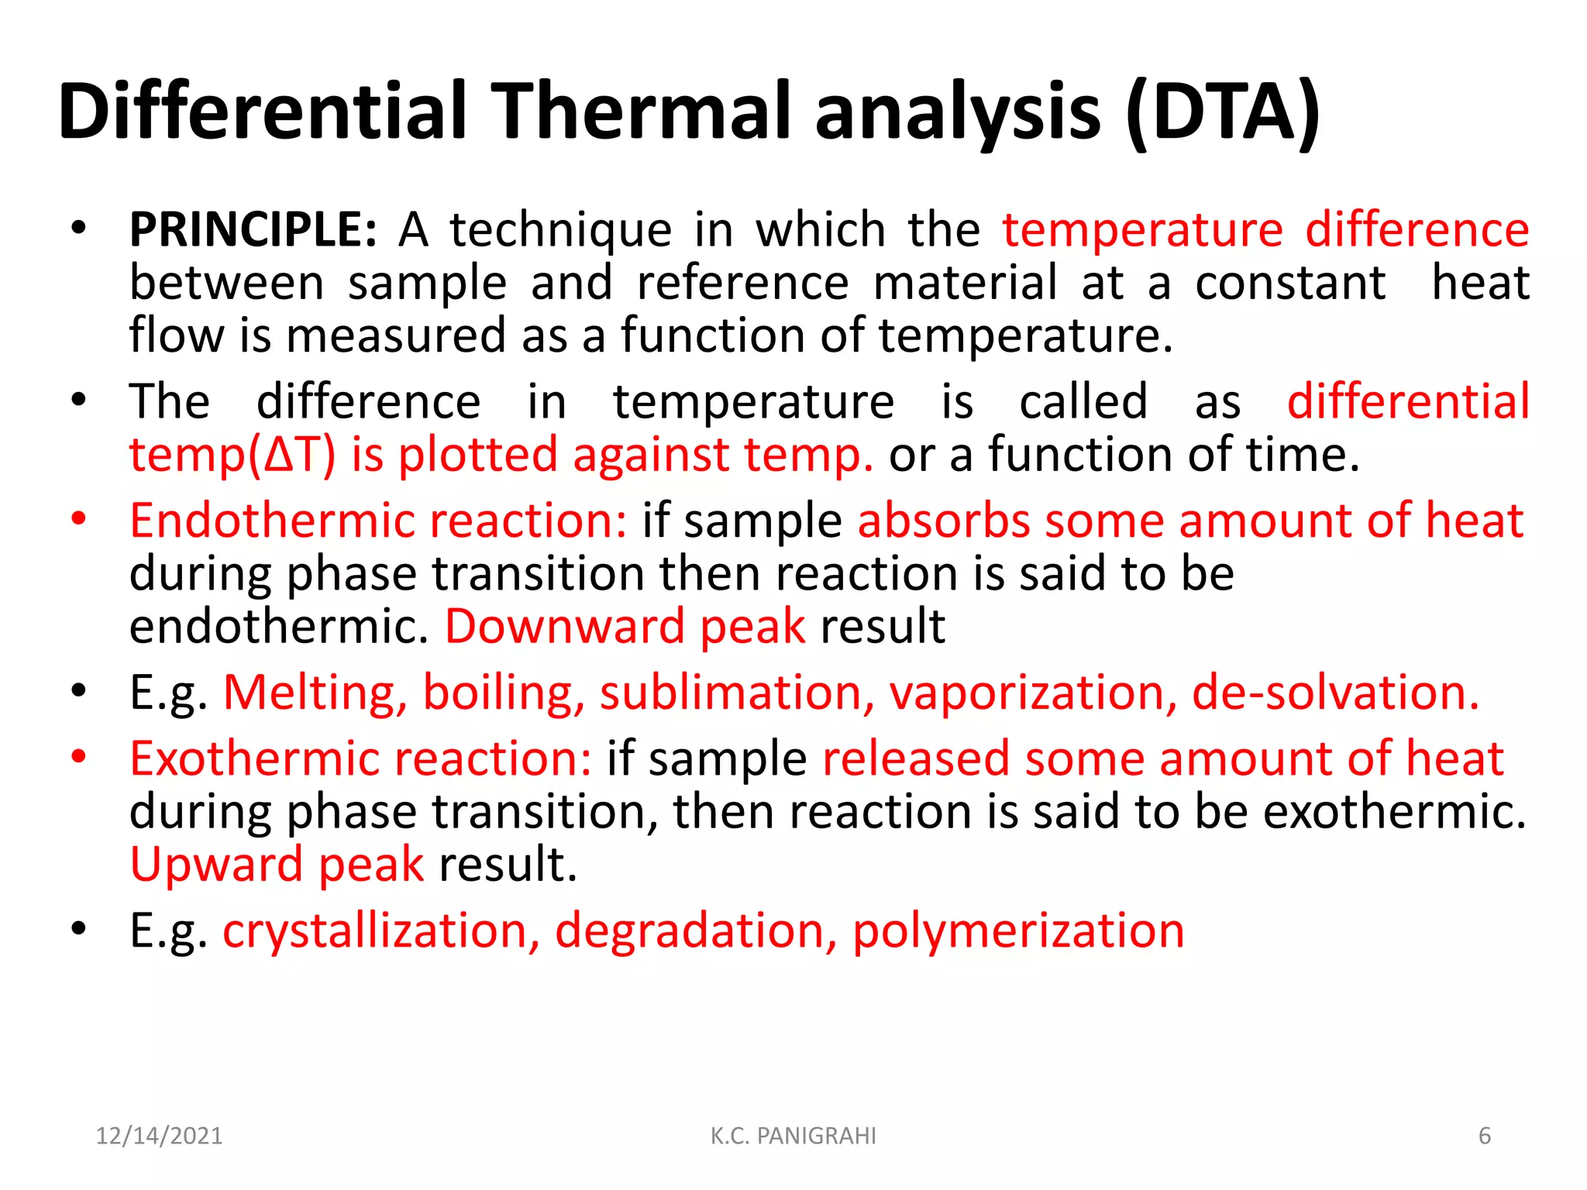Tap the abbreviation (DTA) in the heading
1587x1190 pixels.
tap(1223, 112)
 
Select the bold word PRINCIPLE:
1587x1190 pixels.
tap(253, 230)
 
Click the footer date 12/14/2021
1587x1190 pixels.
tap(159, 1136)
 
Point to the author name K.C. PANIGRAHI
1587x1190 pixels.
tap(793, 1136)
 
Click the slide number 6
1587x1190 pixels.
tap(1485, 1136)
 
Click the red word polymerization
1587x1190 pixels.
tap(1018, 930)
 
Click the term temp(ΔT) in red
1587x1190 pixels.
tap(232, 455)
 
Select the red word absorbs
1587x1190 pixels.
tap(943, 521)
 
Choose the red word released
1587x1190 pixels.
tap(915, 758)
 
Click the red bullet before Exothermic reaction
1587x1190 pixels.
tap(78, 756)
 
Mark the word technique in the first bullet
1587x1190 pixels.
tap(561, 230)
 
